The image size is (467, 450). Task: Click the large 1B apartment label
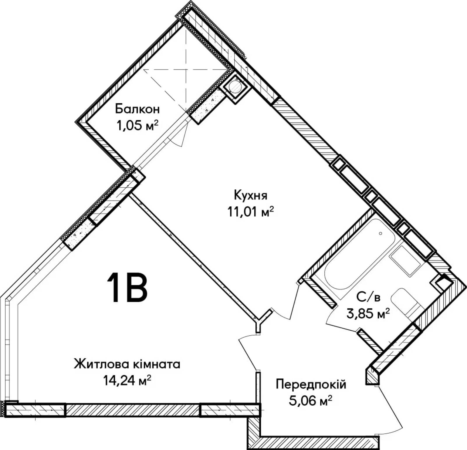(x=127, y=288)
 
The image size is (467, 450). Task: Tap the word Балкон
(x=137, y=109)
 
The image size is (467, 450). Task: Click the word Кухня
(x=250, y=195)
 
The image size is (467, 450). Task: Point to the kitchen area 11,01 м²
(x=251, y=212)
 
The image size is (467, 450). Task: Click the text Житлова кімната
(x=127, y=364)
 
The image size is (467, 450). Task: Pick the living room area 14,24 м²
(x=127, y=380)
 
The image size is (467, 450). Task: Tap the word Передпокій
(x=311, y=384)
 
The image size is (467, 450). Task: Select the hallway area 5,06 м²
(x=311, y=401)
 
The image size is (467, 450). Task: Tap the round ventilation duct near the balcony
(x=235, y=87)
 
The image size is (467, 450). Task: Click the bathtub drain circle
(x=380, y=233)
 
